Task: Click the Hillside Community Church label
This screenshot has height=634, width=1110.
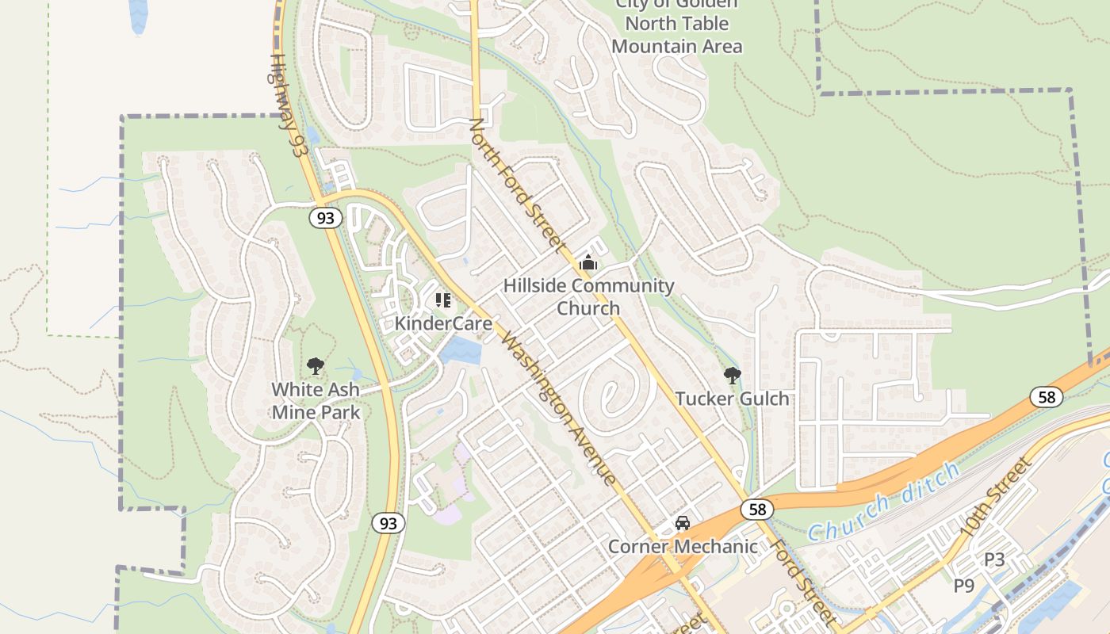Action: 588,296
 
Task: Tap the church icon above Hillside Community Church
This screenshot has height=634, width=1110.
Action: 588,262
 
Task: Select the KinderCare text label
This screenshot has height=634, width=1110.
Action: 443,323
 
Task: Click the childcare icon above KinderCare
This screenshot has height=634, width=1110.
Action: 443,300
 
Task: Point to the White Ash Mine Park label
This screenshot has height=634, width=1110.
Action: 316,400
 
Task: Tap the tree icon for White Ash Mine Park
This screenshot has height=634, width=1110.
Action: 316,365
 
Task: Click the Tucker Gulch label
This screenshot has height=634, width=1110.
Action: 732,398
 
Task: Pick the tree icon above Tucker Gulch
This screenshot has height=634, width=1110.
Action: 732,374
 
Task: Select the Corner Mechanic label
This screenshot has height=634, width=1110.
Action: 683,546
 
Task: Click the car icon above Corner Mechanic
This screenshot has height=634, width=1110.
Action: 682,523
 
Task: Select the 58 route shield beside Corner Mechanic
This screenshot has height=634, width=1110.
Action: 757,509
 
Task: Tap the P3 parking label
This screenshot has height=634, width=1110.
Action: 994,560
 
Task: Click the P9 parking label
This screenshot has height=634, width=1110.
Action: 963,586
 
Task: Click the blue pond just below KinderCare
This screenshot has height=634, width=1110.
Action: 461,350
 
